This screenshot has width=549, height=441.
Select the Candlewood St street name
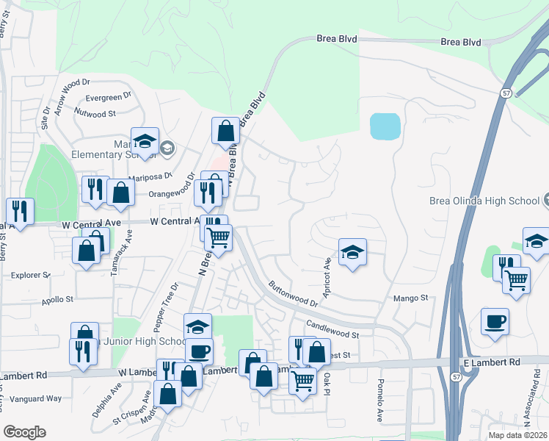coord(332,329)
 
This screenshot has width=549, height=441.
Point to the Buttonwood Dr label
coord(292,293)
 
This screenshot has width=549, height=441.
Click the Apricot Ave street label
coord(328,273)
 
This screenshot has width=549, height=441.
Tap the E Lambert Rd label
coord(491,362)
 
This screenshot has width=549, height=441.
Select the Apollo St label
coord(59,300)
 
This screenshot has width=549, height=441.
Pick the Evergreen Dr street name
coord(108,96)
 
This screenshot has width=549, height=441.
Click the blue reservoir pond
coord(385,126)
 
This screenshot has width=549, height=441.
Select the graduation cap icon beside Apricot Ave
coord(352,254)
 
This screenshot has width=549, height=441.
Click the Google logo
coord(24,432)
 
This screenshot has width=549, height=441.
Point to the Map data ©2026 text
coord(518,435)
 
